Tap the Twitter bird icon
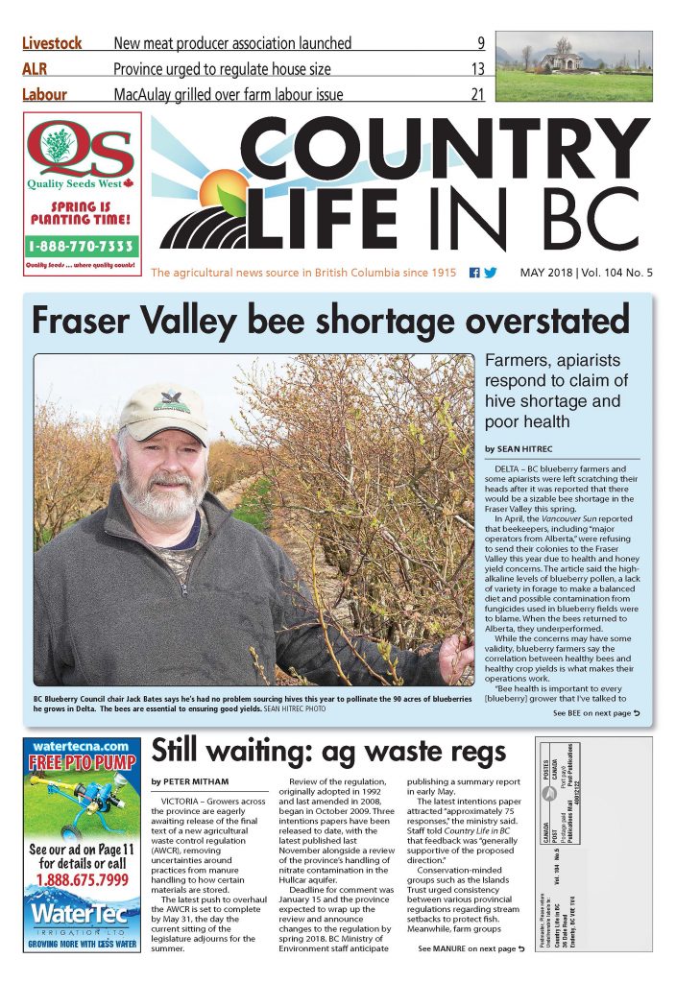(x=491, y=273)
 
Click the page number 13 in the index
(x=477, y=69)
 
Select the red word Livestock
(x=52, y=43)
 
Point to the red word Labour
(x=51, y=94)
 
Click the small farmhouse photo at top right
(x=573, y=65)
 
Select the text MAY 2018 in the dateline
(x=552, y=273)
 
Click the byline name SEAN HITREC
(x=526, y=449)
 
